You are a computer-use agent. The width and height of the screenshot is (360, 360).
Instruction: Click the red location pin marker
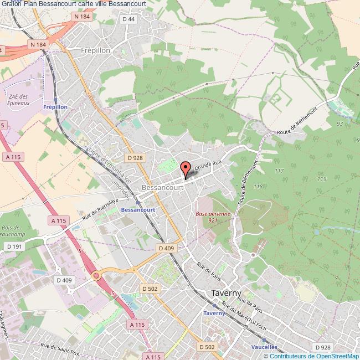point(186,168)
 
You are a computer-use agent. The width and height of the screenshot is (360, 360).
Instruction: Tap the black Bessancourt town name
point(163,188)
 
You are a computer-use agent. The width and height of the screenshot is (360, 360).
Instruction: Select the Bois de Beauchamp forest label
point(12,230)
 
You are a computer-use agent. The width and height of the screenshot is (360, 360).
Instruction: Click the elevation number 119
point(321,178)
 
